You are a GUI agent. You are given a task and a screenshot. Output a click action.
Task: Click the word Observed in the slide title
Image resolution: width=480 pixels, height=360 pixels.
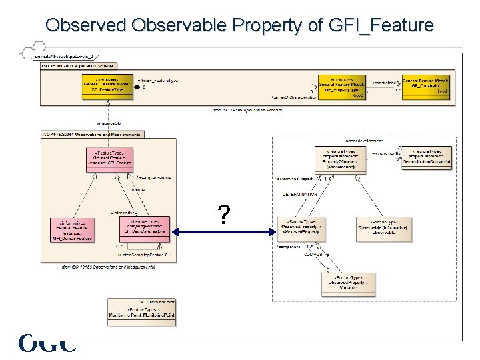coord(86,25)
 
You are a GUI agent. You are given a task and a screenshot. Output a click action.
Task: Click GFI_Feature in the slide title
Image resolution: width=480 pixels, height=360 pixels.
coord(381,25)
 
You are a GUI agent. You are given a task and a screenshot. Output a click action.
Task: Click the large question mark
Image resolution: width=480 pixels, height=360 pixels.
coord(225,215)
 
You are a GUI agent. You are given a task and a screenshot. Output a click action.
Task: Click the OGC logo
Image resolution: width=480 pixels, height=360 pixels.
coord(47,343)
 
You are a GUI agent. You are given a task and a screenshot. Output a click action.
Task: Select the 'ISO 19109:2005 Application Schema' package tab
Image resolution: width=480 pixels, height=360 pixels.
coord(75,65)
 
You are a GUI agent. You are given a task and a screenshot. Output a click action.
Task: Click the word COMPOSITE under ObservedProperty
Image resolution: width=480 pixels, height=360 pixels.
coord(317,254)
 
